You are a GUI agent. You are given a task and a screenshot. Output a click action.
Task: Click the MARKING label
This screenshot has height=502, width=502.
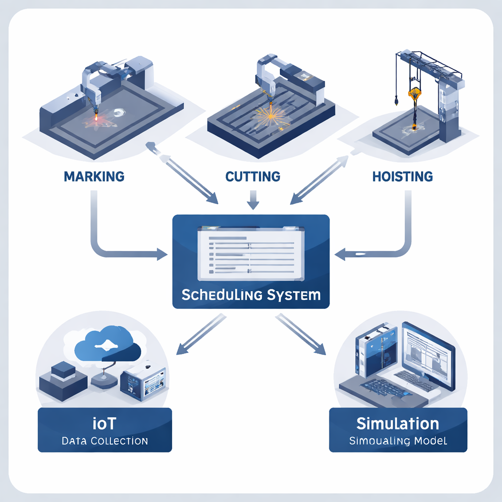click(x=94, y=176)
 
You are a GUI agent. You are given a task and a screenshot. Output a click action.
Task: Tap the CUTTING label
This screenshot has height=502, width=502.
click(x=252, y=176)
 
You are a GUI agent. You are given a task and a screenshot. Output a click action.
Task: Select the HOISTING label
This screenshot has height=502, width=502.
click(x=402, y=176)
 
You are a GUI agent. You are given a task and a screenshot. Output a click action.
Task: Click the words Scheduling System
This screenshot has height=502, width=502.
click(x=251, y=295)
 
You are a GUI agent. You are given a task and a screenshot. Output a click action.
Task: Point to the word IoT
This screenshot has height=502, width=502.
click(x=104, y=423)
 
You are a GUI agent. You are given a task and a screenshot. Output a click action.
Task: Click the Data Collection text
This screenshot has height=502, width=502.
click(x=104, y=441)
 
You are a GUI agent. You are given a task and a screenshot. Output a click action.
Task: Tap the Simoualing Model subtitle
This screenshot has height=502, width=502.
click(x=398, y=441)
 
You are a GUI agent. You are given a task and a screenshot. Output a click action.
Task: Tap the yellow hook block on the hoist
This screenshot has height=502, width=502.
click(x=415, y=94)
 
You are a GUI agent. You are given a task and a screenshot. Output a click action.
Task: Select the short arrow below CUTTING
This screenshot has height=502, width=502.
click(x=253, y=199)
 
